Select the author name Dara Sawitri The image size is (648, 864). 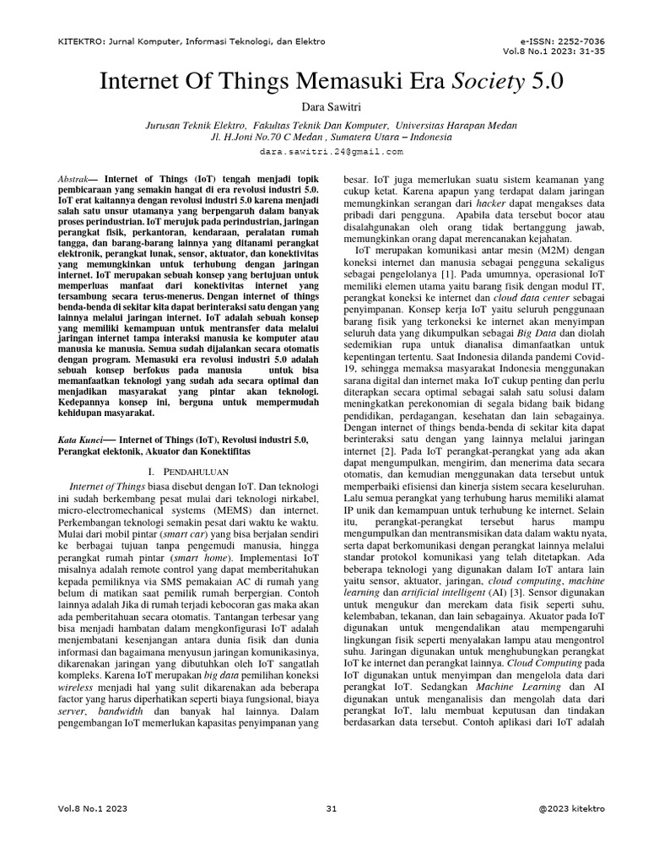pyautogui.click(x=324, y=107)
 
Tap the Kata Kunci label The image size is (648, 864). pyautogui.click(x=82, y=440)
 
